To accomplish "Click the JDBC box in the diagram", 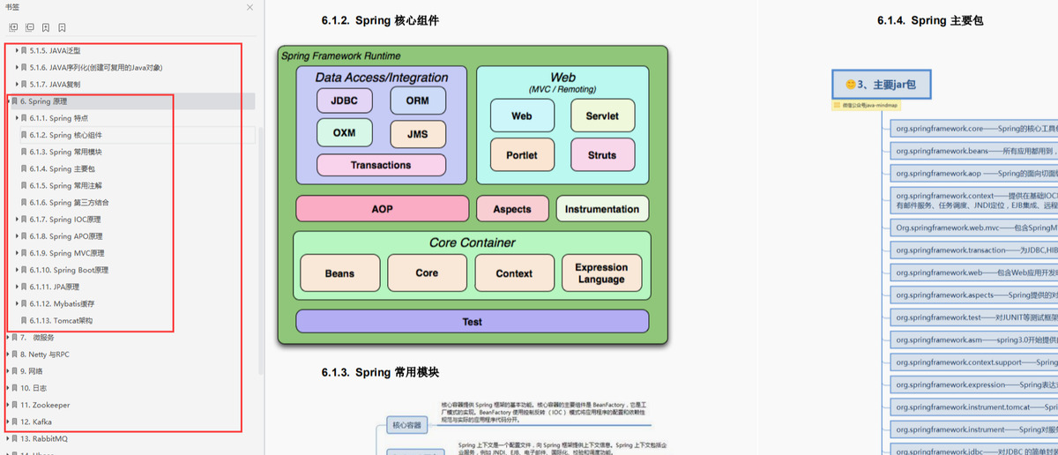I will (344, 101).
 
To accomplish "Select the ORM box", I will (418, 101).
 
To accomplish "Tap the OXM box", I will (344, 133).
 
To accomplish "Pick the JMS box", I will (418, 134).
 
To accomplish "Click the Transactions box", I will (381, 165).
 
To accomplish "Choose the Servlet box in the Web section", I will (602, 116).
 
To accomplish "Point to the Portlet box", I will (522, 155).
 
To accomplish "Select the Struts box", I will (602, 155).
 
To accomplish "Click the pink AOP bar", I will (382, 209).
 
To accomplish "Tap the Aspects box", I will (512, 209).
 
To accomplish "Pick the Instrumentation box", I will (602, 209).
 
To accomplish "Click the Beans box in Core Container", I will (339, 273).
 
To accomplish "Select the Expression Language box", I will (601, 273).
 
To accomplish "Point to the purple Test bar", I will (472, 322).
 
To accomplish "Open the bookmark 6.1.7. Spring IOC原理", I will (74, 220).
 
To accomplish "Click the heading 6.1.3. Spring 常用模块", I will (380, 372).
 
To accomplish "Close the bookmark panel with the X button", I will (250, 7).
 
